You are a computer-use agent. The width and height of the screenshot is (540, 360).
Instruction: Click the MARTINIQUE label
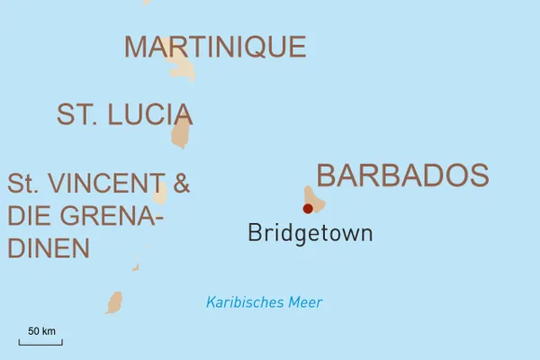pyautogui.click(x=215, y=47)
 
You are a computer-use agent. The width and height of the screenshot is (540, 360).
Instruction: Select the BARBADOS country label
pyautogui.click(x=402, y=175)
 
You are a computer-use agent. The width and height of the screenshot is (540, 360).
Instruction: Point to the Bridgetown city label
pyautogui.click(x=310, y=234)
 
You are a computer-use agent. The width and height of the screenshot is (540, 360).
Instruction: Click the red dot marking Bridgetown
pyautogui.click(x=308, y=208)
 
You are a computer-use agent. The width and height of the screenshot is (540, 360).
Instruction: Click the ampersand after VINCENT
pyautogui.click(x=181, y=184)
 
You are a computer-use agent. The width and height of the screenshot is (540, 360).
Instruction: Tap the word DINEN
pyautogui.click(x=49, y=247)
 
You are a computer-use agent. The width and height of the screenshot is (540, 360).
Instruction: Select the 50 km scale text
pyautogui.click(x=41, y=331)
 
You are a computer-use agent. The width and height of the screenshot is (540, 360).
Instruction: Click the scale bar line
pyautogui.click(x=40, y=342)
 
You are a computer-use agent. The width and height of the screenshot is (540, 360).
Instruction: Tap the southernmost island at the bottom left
pyautogui.click(x=114, y=302)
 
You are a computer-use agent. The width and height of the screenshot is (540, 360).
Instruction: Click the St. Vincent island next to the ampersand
pyautogui.click(x=160, y=193)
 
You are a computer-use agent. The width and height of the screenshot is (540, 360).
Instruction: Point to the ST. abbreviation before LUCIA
pyautogui.click(x=76, y=114)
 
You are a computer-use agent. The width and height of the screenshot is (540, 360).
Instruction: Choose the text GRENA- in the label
pyautogui.click(x=112, y=216)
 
